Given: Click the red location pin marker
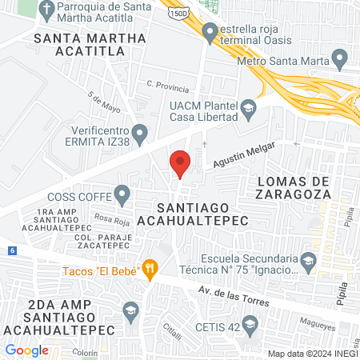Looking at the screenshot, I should (180, 163).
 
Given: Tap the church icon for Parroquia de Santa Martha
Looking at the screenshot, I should (47, 11).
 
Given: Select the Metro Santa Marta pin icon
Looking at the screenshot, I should (339, 58).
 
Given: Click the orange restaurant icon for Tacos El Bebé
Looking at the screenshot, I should (150, 269).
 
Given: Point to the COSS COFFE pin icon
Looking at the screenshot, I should (122, 193).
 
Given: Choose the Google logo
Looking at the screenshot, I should (26, 350).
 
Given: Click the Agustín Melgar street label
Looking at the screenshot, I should (242, 155).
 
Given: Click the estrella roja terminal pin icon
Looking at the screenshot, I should (210, 34).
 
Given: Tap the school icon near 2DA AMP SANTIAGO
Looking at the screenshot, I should (130, 310).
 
